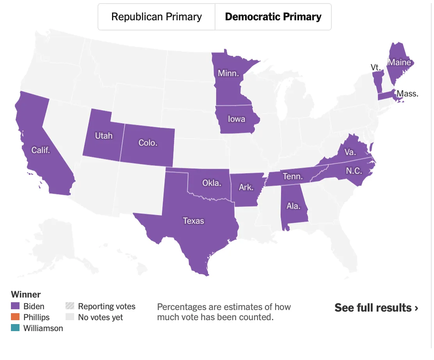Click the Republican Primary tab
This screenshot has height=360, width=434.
tap(157, 17)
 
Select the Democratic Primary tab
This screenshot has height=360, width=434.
tap(273, 17)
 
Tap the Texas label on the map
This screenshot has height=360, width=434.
tap(194, 221)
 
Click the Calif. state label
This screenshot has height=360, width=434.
tap(41, 150)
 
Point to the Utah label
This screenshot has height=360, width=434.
tap(104, 136)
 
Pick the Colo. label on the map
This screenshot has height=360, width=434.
tap(148, 143)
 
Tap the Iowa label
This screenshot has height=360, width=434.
tap(237, 119)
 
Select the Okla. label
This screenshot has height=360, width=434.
tap(212, 183)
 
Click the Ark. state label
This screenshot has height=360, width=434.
tap(246, 187)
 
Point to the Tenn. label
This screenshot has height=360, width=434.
tap(293, 176)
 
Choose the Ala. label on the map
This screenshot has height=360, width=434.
tap(293, 206)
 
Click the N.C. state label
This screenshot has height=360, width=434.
tap(354, 171)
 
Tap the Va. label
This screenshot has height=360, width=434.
tap(349, 152)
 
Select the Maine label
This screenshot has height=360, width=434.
tap(399, 62)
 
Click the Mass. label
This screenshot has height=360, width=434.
tap(407, 94)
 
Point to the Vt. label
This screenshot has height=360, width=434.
tap(375, 68)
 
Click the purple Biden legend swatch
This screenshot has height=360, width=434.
tap(15, 306)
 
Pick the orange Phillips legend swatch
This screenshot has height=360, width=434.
tap(15, 317)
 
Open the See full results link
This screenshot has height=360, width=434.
tap(376, 308)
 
